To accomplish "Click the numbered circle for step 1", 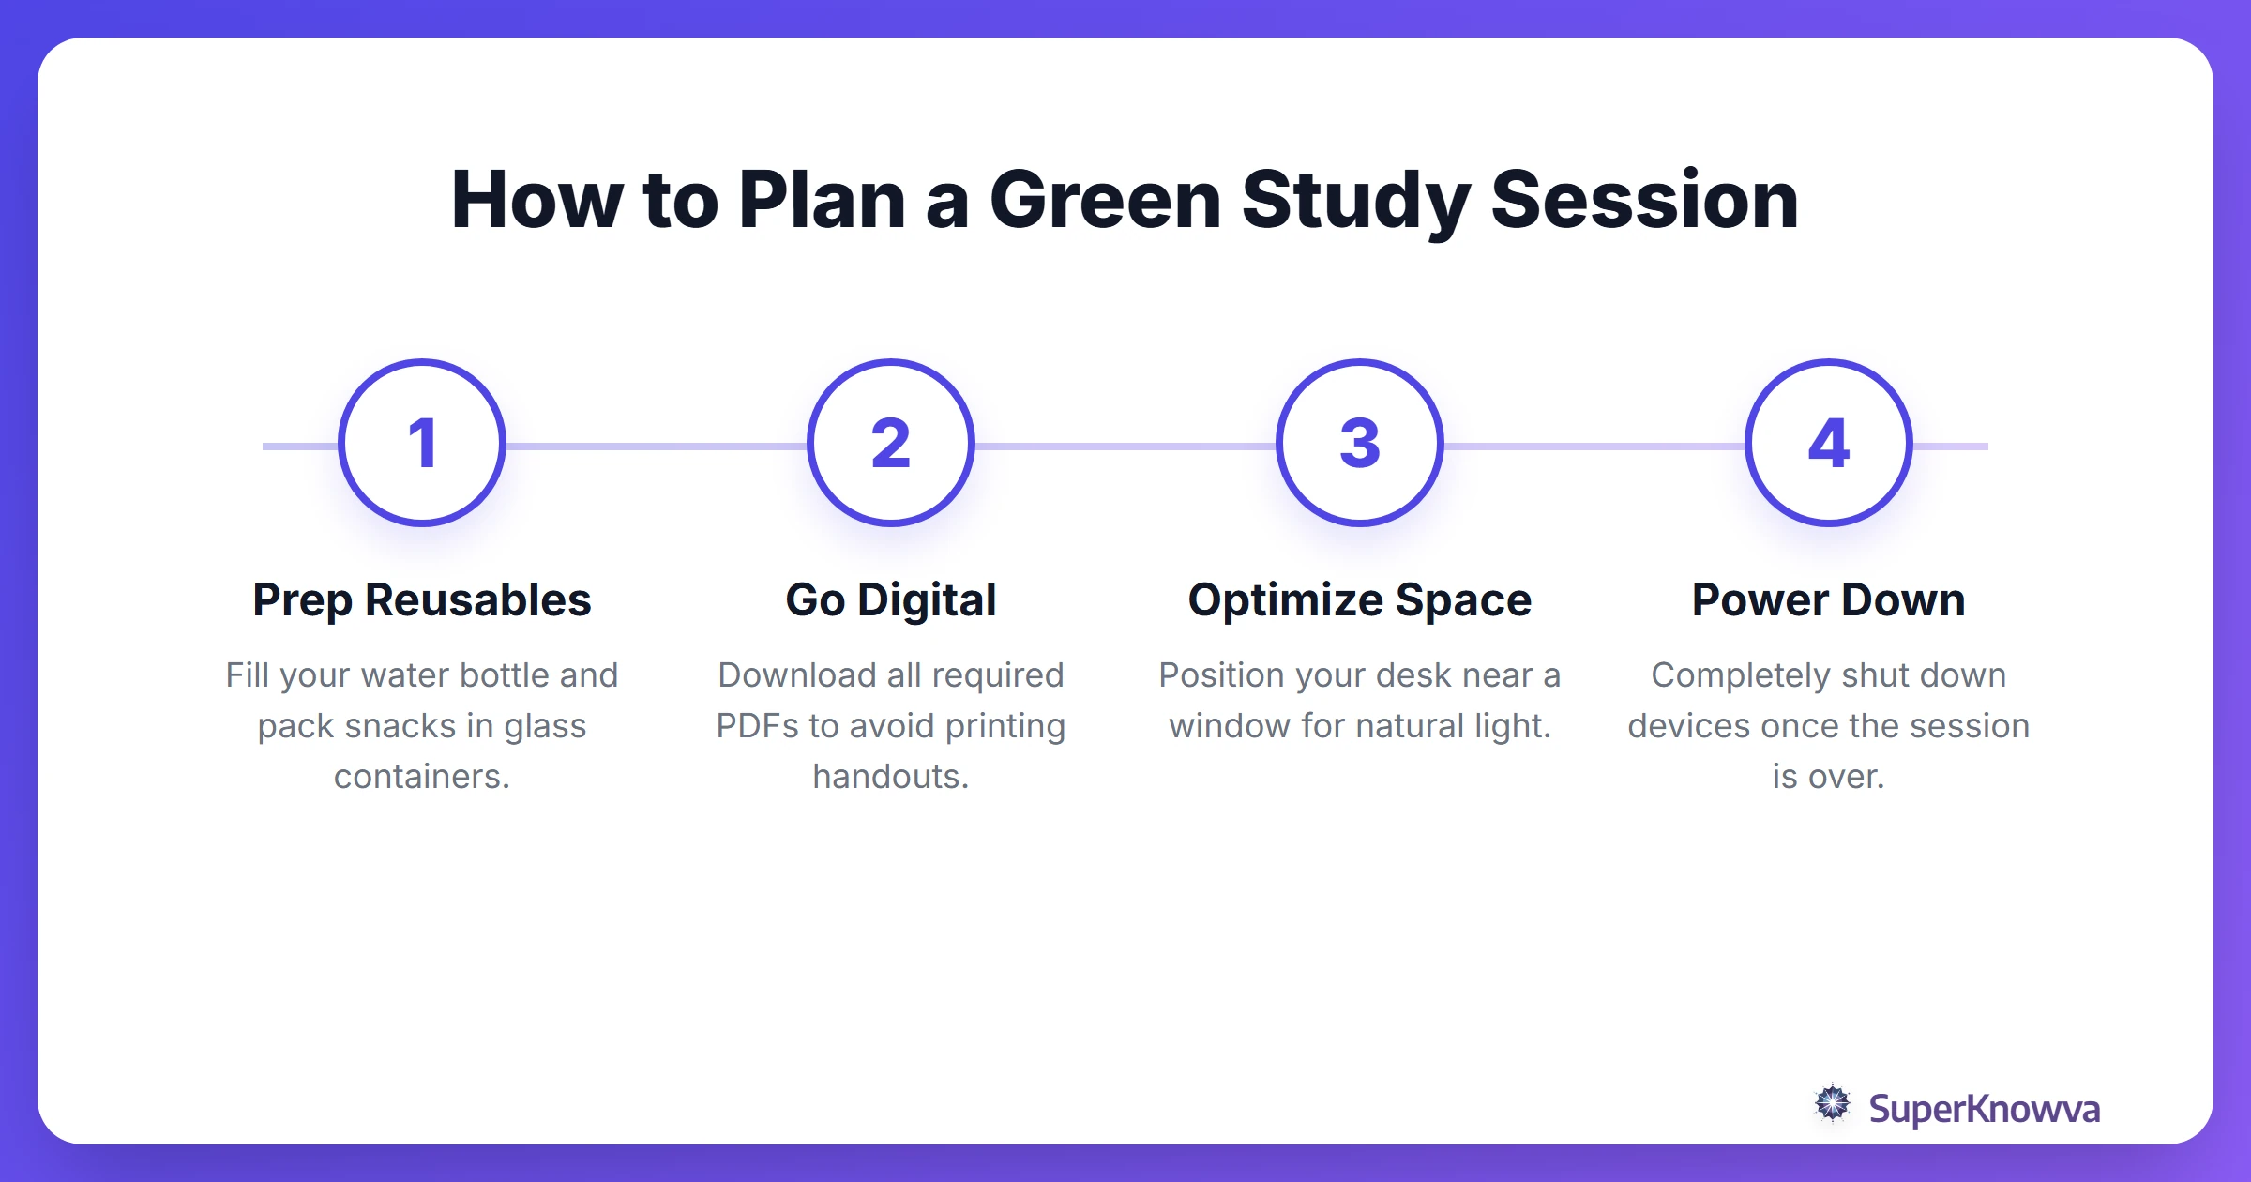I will [x=422, y=443].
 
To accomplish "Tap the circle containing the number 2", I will [x=891, y=443].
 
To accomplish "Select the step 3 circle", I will [x=1360, y=443].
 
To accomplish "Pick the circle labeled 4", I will [x=1829, y=443].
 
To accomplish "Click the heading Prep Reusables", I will [x=422, y=600].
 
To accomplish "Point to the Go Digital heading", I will [x=891, y=600].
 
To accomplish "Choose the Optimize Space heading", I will [x=1360, y=600].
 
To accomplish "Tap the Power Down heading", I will [x=1829, y=600].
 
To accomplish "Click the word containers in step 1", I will [x=421, y=777].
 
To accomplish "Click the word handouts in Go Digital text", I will [x=890, y=777].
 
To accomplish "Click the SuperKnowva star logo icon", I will [x=1832, y=1104].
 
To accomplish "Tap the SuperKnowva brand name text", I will [x=1984, y=1109].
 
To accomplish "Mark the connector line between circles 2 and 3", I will [x=1125, y=447].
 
